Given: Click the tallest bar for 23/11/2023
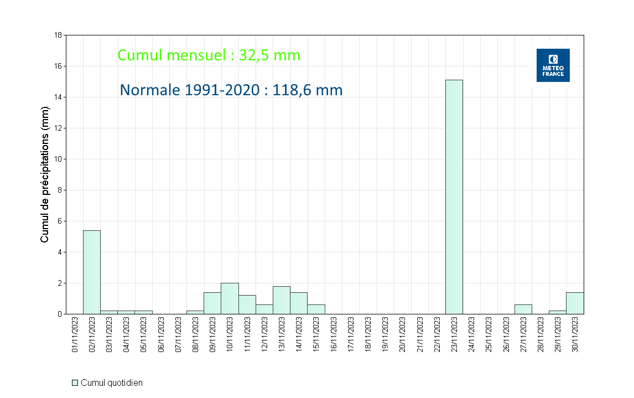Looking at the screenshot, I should [454, 197].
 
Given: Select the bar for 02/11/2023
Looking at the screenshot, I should [92, 272].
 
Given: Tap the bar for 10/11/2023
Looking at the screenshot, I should [230, 298].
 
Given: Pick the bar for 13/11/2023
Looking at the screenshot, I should [282, 300].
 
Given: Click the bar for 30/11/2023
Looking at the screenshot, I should [575, 303].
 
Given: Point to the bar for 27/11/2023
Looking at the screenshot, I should [523, 309].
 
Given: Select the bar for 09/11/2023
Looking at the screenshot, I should [212, 303].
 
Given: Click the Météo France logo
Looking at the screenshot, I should [553, 65].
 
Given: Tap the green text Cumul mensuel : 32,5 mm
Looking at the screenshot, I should [209, 55].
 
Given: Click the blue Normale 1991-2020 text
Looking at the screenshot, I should [231, 90].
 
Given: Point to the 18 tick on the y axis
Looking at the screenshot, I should [58, 35].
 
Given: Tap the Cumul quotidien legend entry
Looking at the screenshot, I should [107, 383].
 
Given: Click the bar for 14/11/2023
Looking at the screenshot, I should [299, 303].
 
